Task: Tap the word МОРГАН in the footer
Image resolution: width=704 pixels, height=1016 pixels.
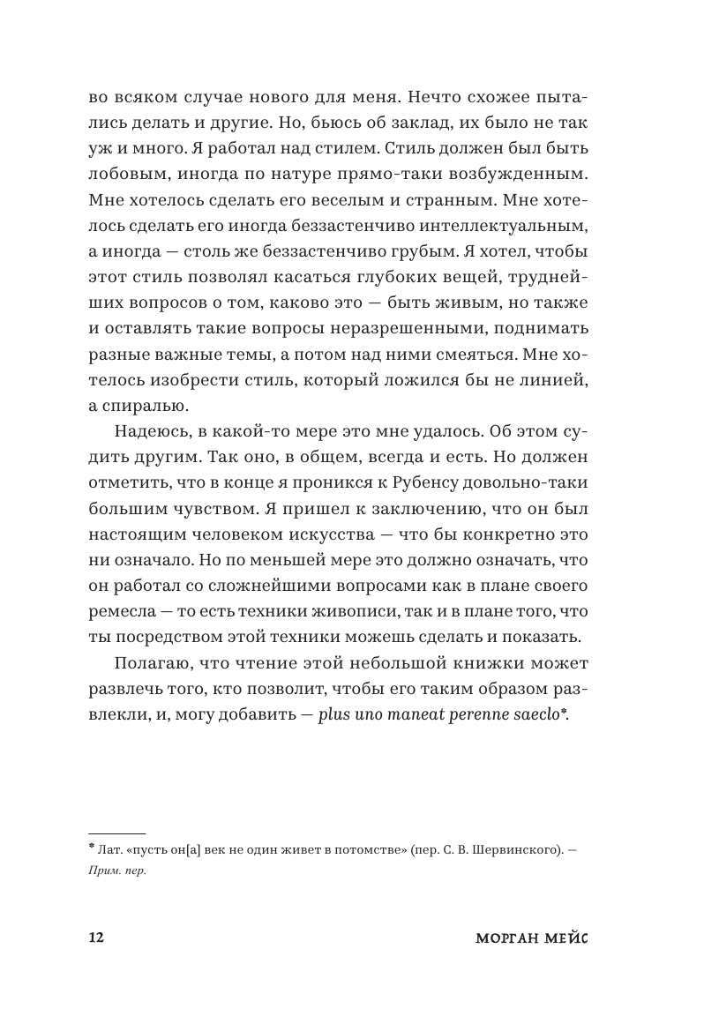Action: click(505, 937)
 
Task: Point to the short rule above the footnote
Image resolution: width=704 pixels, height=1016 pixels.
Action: click(117, 833)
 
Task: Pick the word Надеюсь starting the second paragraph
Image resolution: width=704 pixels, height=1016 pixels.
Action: click(147, 433)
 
